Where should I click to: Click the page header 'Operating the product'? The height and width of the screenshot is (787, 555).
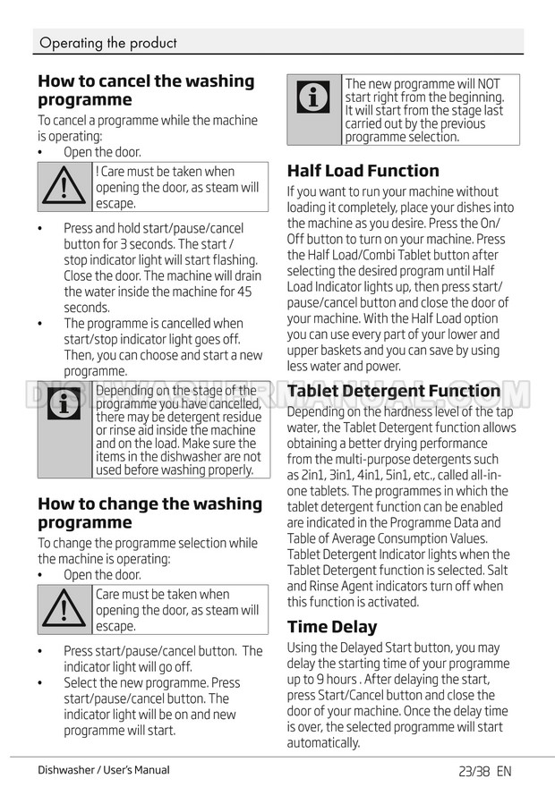coord(108,42)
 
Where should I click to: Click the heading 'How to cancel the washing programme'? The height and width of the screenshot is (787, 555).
coord(146,90)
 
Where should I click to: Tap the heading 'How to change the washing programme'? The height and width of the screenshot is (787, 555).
coord(149,512)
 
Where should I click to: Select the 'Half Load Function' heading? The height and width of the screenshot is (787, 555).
coord(363,171)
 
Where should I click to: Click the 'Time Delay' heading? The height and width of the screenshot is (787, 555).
coord(332,626)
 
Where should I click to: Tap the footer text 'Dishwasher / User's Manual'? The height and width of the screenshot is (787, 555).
coord(104,770)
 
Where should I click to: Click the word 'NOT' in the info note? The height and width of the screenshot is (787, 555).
coord(489,84)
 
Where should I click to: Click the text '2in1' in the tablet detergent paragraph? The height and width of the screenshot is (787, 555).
coord(319,475)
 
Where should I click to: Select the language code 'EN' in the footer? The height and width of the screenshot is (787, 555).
coord(504,770)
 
